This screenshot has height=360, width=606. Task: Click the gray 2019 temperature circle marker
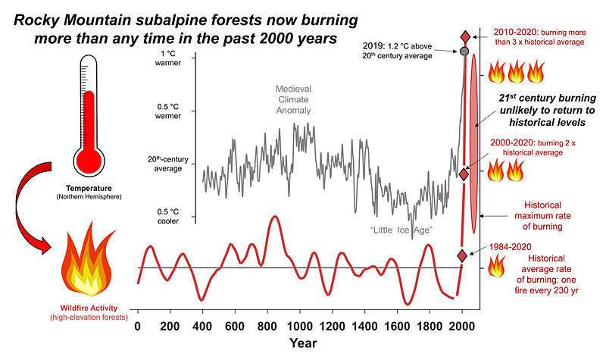[x=464, y=51]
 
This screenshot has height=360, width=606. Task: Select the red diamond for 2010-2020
[x=464, y=36]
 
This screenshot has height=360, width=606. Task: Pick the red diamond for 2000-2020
[x=464, y=174]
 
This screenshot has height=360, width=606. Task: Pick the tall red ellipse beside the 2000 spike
[x=474, y=144]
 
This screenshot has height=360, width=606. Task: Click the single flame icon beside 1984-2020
[x=498, y=265]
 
